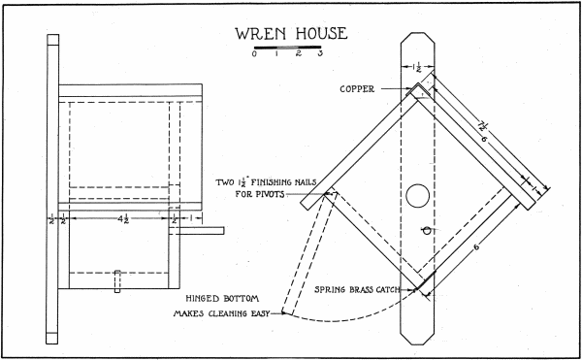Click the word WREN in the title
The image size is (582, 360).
click(261, 34)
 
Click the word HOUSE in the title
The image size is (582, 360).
click(316, 34)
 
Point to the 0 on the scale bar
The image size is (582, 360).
click(252, 55)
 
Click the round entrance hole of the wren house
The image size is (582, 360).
click(417, 194)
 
